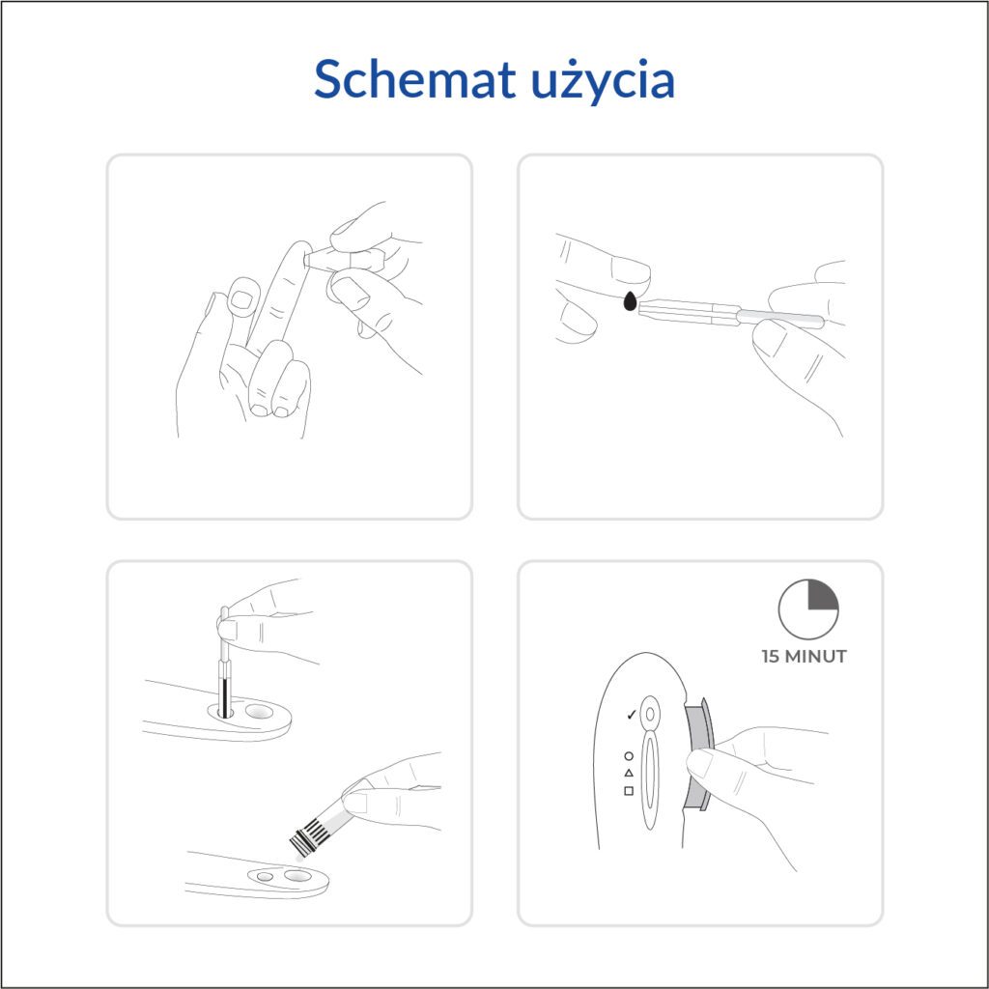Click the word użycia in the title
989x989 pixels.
click(x=603, y=82)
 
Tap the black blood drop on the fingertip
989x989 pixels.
click(x=630, y=301)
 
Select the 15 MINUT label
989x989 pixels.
click(x=804, y=657)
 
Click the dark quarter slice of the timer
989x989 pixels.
click(x=821, y=596)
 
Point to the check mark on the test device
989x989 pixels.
click(x=630, y=715)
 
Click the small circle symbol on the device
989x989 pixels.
click(x=628, y=755)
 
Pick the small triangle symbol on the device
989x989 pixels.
click(x=628, y=773)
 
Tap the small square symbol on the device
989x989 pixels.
click(x=628, y=790)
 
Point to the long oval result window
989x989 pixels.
click(x=650, y=782)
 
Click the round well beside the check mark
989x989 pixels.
click(x=650, y=714)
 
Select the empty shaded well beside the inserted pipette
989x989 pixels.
click(x=259, y=711)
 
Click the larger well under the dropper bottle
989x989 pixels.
click(x=297, y=875)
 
